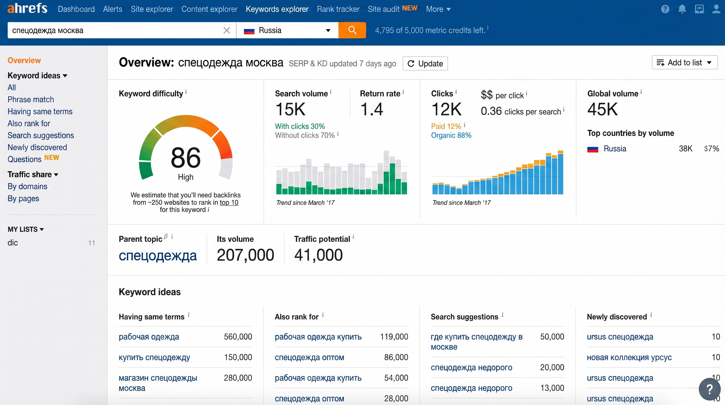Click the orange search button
352,30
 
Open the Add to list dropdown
684,62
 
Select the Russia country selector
287,30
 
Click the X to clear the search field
227,30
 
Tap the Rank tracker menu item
338,9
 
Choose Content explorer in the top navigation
209,9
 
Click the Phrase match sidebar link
31,99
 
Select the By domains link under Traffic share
27,186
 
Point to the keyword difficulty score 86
186,157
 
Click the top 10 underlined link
229,202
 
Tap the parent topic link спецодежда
158,255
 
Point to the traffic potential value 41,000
318,255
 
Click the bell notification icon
682,9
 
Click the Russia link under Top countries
615,148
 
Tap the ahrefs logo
27,8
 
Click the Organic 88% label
451,136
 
